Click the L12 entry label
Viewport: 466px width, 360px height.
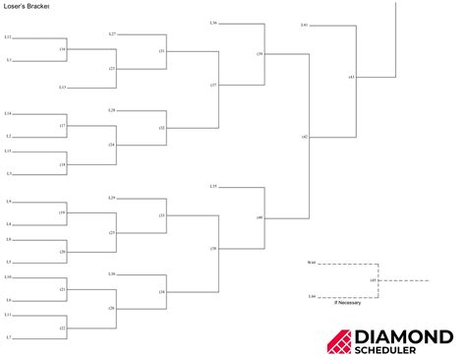(x=8, y=37)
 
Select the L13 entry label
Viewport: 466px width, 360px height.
(x=62, y=88)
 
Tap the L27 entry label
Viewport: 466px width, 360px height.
(x=112, y=33)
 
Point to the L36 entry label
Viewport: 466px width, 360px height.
(x=213, y=23)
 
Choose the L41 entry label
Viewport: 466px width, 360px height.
(x=304, y=24)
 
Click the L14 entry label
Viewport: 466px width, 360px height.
(x=8, y=114)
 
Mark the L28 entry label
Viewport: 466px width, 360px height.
(x=112, y=110)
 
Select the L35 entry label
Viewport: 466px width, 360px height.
(x=213, y=186)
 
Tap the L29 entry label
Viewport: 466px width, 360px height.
(x=112, y=198)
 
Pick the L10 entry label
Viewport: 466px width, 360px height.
(x=8, y=278)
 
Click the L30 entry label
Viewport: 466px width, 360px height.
(x=112, y=273)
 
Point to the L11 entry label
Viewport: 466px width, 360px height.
(x=8, y=315)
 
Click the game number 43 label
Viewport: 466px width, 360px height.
(x=351, y=77)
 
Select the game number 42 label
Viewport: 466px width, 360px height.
(x=305, y=136)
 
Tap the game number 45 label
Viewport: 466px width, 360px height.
(x=373, y=280)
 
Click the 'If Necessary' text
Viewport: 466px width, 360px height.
(x=347, y=303)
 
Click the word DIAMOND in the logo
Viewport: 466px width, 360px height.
(x=404, y=336)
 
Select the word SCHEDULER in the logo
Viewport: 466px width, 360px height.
(x=404, y=350)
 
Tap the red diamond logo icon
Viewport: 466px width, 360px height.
(x=339, y=341)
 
